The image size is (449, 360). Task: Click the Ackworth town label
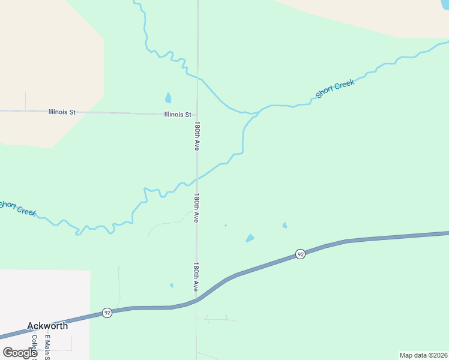[x=47, y=326]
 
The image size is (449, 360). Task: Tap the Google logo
[x=20, y=352]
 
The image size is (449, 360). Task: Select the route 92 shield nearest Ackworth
[x=106, y=313]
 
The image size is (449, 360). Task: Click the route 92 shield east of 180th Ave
[x=300, y=254]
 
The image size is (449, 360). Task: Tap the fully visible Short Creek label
[x=335, y=88]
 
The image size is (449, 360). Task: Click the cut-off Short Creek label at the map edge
[x=18, y=208]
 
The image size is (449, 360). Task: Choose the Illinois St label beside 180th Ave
[x=178, y=114]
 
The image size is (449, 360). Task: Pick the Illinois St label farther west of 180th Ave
[x=62, y=112]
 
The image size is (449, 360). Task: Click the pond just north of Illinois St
[x=168, y=97]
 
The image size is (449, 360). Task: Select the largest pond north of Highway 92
[x=250, y=238]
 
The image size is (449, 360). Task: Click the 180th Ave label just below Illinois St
[x=197, y=136]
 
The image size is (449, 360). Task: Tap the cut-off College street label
[x=34, y=345]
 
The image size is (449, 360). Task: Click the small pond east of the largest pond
[x=285, y=226]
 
